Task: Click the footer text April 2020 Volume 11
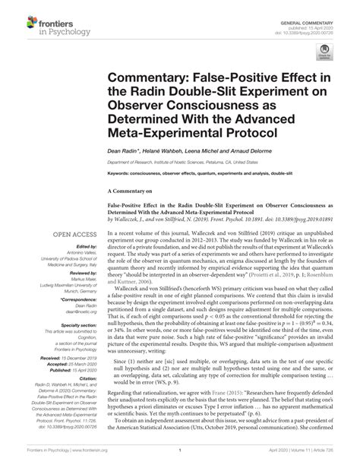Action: (304, 460)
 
